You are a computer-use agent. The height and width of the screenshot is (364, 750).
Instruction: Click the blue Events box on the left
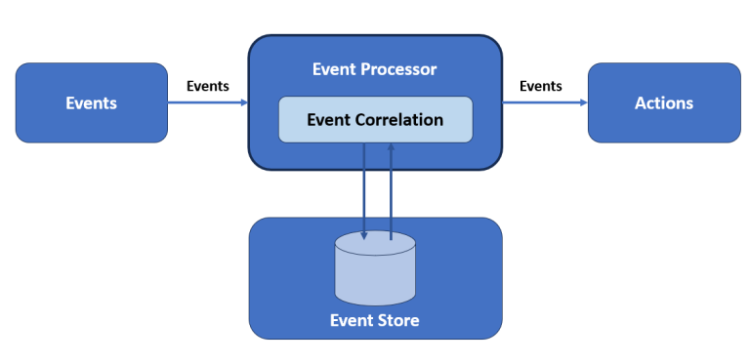91,103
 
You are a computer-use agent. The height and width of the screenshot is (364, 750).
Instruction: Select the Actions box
663,103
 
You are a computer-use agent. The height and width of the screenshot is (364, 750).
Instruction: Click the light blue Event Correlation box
375,120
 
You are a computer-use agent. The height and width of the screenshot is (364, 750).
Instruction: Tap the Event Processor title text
375,69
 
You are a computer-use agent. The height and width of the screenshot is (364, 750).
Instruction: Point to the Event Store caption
375,319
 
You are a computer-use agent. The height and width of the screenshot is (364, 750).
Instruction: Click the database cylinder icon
375,269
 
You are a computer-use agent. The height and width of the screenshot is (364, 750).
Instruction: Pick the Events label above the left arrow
207,86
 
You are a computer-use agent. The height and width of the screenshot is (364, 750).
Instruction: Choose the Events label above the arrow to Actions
540,86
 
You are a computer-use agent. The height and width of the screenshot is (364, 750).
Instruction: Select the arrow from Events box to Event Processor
207,102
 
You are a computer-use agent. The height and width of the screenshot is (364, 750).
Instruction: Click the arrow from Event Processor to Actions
544,102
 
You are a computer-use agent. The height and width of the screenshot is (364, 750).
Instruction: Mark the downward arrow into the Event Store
364,190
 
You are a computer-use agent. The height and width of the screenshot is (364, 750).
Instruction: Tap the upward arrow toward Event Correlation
392,190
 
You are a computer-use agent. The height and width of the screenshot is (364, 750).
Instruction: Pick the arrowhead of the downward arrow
364,235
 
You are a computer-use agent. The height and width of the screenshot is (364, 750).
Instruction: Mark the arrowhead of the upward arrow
392,148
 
